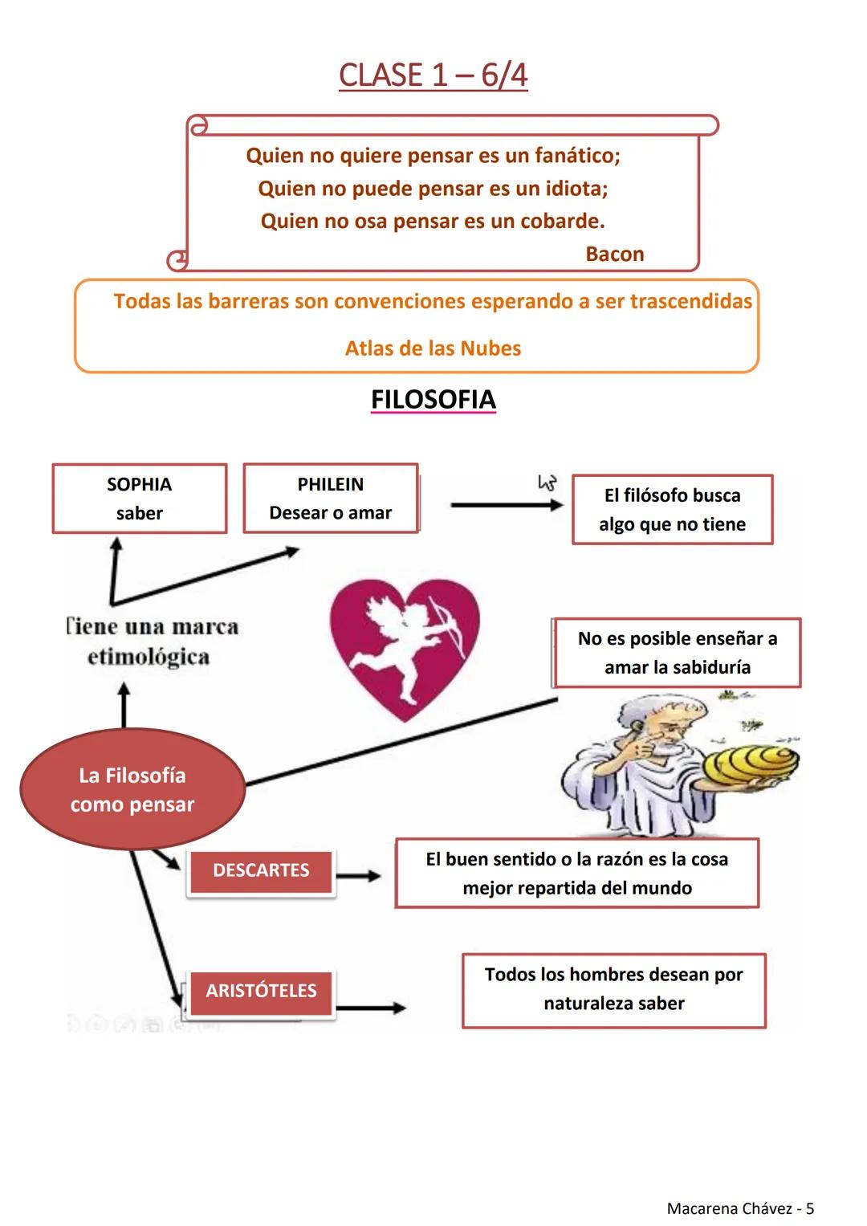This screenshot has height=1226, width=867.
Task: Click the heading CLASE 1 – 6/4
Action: coord(433,75)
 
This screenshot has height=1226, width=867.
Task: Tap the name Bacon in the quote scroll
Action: coord(614,254)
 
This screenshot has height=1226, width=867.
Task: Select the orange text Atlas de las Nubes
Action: coord(433,348)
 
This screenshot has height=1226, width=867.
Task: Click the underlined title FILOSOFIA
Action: coord(433,400)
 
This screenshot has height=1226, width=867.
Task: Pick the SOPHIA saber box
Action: coord(140,499)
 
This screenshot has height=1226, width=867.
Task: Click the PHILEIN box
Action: coord(331,499)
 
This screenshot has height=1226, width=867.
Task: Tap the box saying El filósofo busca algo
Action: coord(672,510)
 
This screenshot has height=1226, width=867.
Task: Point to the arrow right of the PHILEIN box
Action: coord(506,505)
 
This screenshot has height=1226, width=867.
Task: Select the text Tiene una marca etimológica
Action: coord(150,642)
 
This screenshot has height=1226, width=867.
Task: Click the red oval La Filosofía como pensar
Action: coord(132,789)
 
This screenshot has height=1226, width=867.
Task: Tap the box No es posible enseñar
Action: coord(677,653)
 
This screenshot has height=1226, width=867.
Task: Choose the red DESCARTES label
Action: coord(261,870)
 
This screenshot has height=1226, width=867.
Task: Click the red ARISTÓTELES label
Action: coord(261,991)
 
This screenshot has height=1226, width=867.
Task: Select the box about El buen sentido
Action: coord(576,874)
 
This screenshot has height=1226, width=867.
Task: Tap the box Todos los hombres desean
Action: coord(613,989)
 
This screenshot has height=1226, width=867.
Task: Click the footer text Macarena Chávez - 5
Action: coord(740,1208)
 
